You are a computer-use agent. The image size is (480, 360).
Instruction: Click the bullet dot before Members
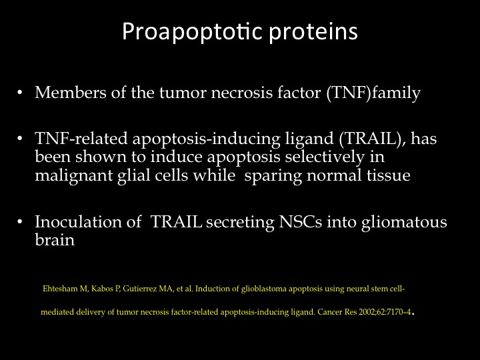pos(20,92)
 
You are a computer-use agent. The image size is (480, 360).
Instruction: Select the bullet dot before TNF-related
pos(20,139)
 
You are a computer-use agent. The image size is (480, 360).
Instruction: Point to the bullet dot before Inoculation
pos(20,221)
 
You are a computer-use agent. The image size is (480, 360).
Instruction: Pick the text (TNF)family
pos(373,93)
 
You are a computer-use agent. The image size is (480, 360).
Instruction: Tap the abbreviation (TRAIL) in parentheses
pos(373,139)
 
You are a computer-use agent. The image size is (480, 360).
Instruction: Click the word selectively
pos(325,157)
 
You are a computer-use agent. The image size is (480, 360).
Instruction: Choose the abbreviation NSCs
pos(300,222)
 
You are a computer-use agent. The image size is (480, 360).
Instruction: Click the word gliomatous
pos(404,223)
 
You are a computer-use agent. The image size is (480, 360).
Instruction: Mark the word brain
pos(55,240)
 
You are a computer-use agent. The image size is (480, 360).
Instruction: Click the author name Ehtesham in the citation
pos(60,289)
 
